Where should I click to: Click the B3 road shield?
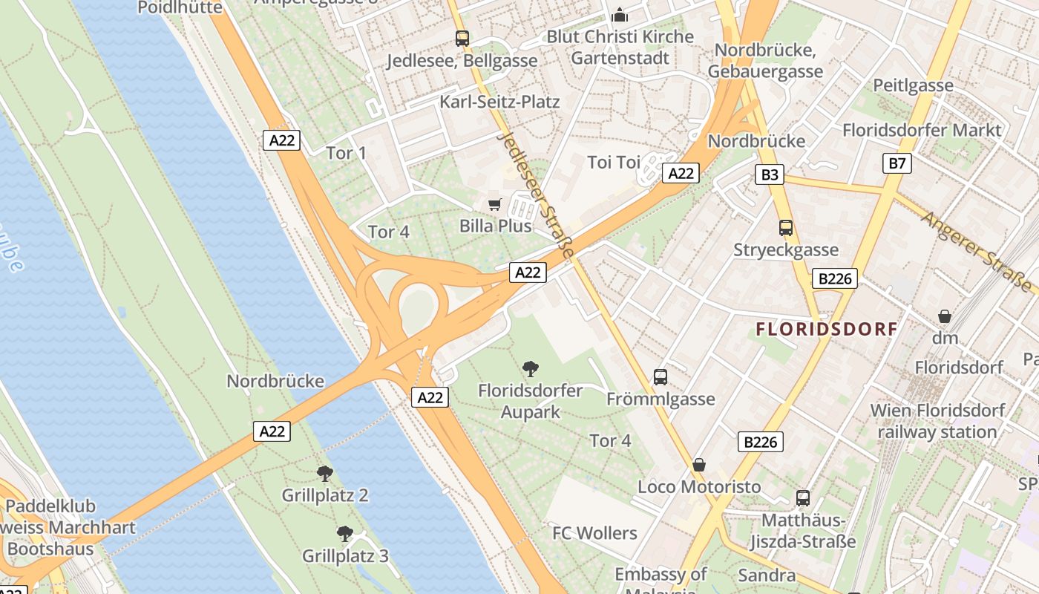pos(770,174)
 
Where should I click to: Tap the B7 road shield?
pos(897,163)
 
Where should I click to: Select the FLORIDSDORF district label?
pos(827,329)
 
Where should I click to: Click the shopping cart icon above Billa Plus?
pos(495,203)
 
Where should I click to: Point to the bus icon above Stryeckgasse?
pos(785,228)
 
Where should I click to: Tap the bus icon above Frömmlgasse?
pos(661,377)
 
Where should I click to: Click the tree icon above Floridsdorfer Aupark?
pos(530,368)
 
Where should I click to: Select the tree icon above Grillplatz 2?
pos(324,473)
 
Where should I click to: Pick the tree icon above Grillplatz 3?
pos(344,533)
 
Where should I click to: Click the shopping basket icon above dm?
pos(945,317)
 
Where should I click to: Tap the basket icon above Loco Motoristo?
pos(698,466)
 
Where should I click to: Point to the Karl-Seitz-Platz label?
pos(499,102)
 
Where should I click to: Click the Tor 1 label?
pos(347,154)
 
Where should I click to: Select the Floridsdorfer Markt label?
pos(922,131)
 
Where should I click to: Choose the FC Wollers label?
pos(594,533)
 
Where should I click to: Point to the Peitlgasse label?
pos(913,85)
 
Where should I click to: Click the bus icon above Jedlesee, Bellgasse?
pos(462,38)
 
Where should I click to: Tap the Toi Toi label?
pos(613,162)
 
